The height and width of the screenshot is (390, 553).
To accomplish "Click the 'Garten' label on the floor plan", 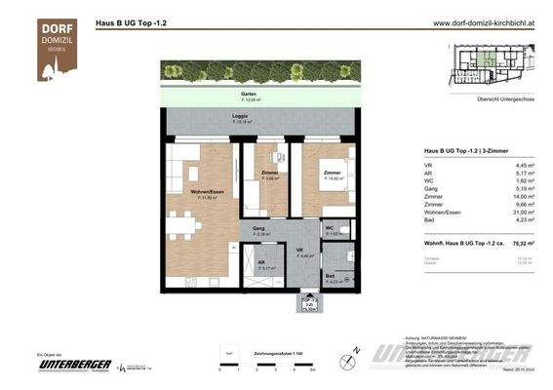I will (251, 95).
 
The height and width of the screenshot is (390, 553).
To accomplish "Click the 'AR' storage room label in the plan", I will (260, 263).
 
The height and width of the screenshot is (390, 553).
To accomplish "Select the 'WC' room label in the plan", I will (330, 229).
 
